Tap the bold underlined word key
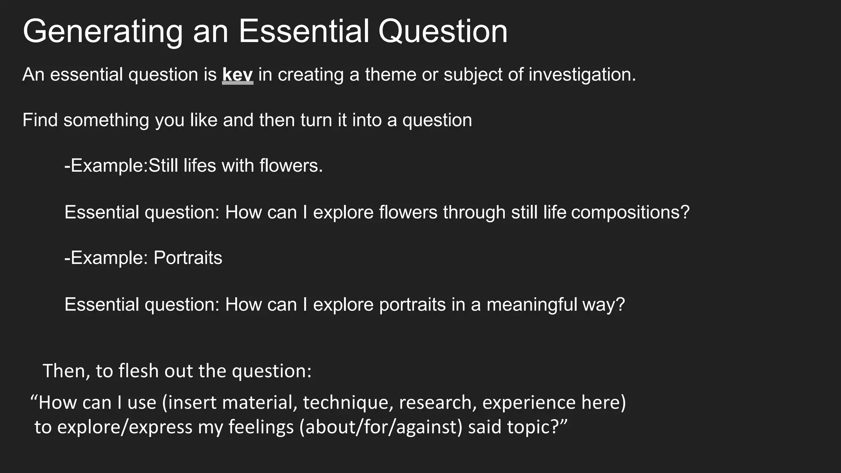click(237, 75)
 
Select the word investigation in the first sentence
click(582, 75)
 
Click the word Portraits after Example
click(188, 258)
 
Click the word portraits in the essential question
click(412, 305)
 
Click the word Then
click(66, 371)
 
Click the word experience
click(529, 402)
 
